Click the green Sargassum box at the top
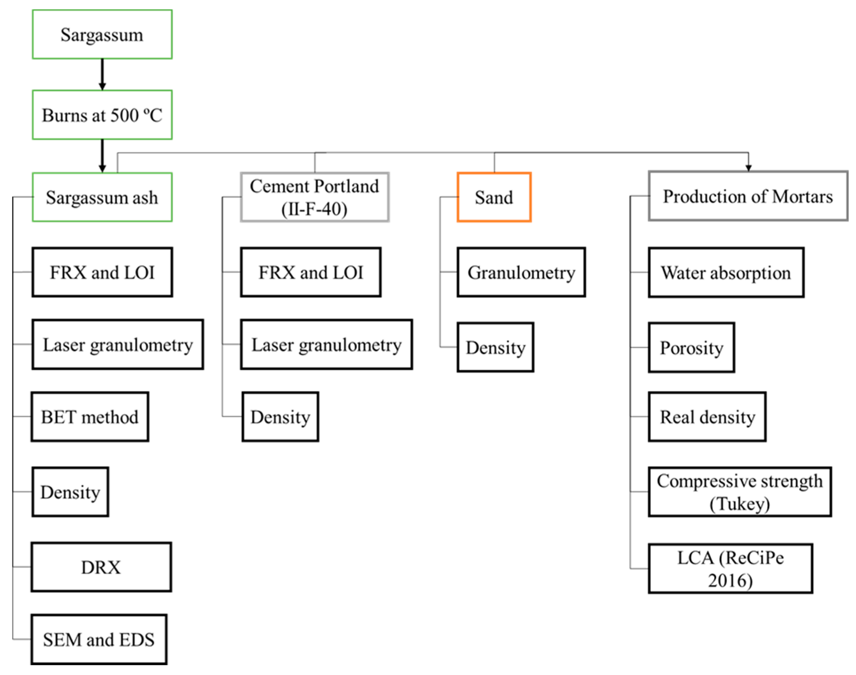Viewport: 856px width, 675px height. [x=102, y=35]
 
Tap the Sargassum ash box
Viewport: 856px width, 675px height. [x=102, y=197]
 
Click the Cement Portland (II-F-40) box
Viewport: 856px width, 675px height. [x=315, y=197]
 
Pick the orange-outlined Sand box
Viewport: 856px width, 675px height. [x=494, y=197]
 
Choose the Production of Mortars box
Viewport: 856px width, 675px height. [x=748, y=196]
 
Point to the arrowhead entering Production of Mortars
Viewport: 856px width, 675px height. [x=748, y=167]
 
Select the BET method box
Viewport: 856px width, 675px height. [x=90, y=417]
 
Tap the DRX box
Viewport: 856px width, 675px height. [x=101, y=567]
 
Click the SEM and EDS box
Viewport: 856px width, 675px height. [x=99, y=639]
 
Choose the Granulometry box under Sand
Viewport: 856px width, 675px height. [x=521, y=272]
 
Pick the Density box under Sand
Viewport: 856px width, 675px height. [x=496, y=347]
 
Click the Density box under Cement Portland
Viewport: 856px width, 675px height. [x=280, y=417]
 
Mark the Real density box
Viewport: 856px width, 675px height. [x=707, y=417]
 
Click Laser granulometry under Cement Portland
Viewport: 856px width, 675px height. [x=326, y=344]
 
